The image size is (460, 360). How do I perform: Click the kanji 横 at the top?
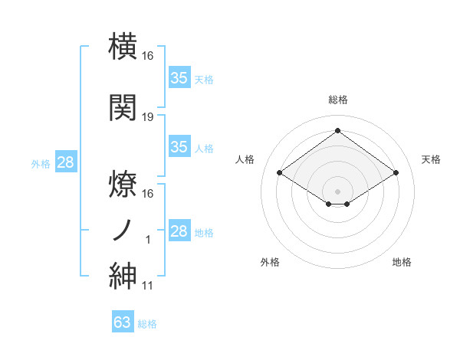point(123,45)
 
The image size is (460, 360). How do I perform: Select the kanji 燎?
point(123,182)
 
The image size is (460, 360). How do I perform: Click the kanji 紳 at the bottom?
point(123,275)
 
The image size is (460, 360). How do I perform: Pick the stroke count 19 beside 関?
point(148,116)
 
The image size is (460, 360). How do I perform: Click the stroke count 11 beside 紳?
point(148,286)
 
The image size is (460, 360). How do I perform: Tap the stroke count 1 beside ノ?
point(148,241)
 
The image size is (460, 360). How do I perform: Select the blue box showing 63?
point(123,322)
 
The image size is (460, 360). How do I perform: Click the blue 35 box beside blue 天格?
point(179,78)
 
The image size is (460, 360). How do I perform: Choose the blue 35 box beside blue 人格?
point(179,147)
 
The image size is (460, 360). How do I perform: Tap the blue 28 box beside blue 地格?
point(179,231)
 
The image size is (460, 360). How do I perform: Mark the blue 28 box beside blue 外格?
point(65,162)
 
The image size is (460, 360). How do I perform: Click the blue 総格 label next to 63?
point(147,324)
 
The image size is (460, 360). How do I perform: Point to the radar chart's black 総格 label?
point(337,100)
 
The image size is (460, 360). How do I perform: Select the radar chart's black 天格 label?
point(432,159)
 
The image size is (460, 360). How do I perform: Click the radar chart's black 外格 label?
point(270,262)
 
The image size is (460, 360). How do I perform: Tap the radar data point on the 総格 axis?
point(337,131)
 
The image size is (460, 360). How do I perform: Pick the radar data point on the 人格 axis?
point(280,173)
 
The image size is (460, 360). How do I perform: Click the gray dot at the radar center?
point(337,190)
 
